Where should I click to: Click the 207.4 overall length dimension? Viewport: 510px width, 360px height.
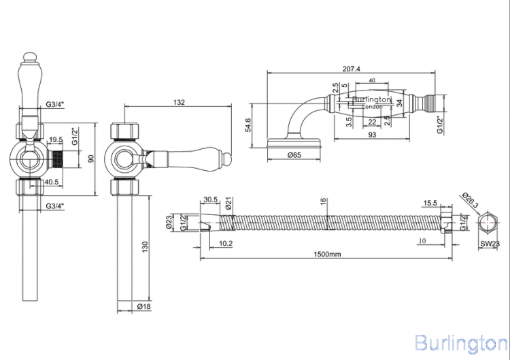point(352,69)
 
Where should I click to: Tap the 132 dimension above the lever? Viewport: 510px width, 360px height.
point(179,102)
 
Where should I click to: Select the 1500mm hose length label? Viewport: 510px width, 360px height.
point(327,254)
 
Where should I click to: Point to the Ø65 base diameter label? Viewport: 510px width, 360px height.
point(294,155)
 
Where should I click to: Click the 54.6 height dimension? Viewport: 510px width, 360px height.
point(248,125)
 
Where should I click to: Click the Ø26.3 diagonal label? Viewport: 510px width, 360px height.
point(470,201)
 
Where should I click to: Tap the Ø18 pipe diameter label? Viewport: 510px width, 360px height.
point(143,306)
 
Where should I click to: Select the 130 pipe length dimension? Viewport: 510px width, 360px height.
point(145,246)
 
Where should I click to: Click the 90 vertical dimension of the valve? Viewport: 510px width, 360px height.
point(91,159)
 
